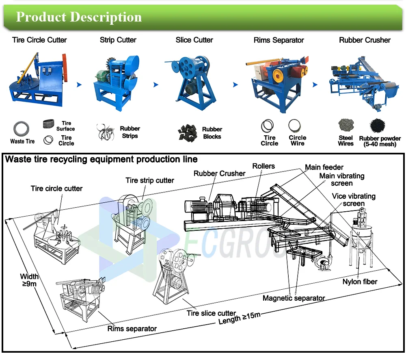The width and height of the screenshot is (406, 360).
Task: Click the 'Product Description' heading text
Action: [x=79, y=17]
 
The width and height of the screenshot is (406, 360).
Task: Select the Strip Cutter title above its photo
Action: [x=118, y=40]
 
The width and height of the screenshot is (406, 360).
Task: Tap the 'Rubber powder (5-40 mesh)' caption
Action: [x=380, y=141]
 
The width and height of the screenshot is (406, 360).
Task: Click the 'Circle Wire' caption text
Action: [x=298, y=141]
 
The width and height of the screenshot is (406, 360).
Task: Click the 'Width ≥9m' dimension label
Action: [x=29, y=280]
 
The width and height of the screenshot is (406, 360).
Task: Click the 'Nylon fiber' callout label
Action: [x=360, y=282]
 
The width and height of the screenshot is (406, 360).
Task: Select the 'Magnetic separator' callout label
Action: [x=294, y=298]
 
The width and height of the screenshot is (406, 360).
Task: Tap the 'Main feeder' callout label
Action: [x=324, y=167]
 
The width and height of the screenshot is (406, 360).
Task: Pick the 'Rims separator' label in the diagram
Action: [x=132, y=329]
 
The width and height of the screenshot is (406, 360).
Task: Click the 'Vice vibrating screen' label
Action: [x=353, y=200]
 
